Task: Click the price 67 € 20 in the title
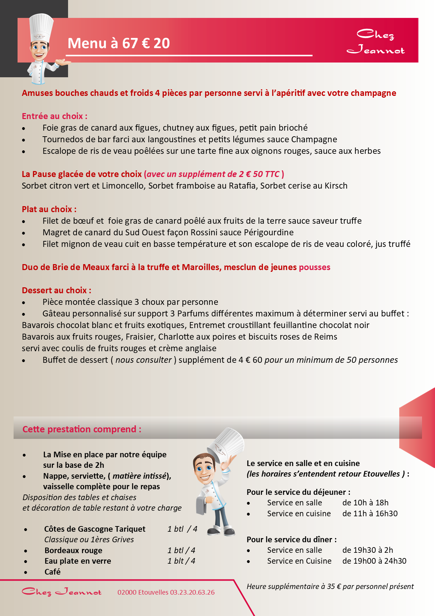click(146, 43)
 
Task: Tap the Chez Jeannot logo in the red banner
click(376, 41)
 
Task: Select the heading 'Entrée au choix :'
click(54, 116)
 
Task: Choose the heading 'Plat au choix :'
click(49, 209)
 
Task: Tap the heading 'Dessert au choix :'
click(56, 290)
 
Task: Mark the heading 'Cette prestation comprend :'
click(82, 429)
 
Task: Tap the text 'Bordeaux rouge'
click(73, 550)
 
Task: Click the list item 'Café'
click(53, 572)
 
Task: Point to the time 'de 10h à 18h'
click(365, 503)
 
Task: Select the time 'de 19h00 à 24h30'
click(374, 561)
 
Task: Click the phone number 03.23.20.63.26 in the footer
click(192, 592)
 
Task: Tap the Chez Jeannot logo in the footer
click(62, 592)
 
